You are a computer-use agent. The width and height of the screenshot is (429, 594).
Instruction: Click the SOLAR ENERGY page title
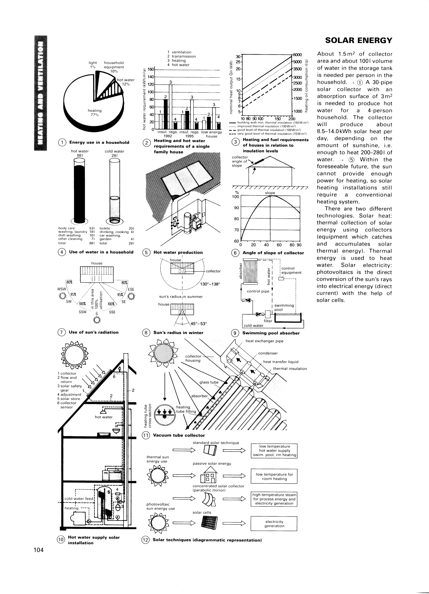tap(358, 40)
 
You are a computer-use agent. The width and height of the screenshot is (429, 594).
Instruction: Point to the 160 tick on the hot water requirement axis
tap(151, 69)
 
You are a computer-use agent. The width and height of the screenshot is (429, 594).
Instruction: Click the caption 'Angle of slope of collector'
tap(273, 253)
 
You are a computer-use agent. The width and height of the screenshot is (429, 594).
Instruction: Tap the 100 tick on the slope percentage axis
tap(236, 196)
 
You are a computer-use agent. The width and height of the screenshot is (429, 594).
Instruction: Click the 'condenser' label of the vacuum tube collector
tap(268, 353)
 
